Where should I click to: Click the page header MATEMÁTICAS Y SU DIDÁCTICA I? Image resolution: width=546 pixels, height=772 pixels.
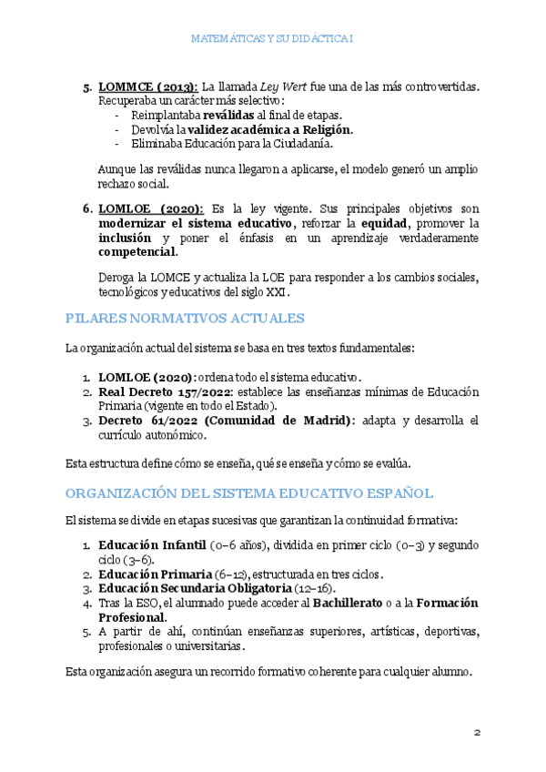click(273, 39)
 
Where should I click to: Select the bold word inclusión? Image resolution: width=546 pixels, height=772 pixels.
click(126, 238)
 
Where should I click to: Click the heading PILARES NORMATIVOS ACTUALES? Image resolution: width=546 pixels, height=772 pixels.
click(185, 318)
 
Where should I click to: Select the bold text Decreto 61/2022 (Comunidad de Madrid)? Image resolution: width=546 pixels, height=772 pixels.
click(227, 420)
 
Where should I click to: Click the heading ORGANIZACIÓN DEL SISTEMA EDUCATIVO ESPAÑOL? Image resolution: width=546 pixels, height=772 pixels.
click(249, 493)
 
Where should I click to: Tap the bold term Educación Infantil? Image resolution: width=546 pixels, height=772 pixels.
click(152, 545)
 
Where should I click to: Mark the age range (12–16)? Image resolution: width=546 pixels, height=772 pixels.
click(315, 588)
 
